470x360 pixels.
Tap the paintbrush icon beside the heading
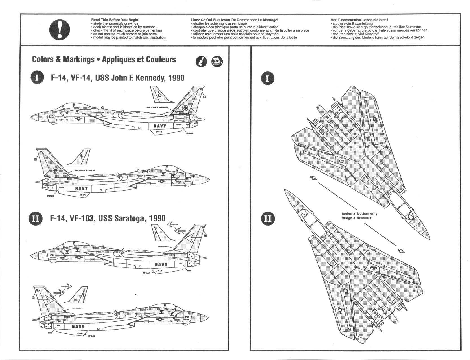(x=201, y=62)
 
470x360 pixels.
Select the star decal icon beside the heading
(x=217, y=61)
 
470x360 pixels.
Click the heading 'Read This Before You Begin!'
(x=115, y=20)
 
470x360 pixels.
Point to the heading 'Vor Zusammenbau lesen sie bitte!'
(x=359, y=20)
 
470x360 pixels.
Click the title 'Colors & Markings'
(x=63, y=59)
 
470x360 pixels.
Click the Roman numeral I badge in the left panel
(x=37, y=78)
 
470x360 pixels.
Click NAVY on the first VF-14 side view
(x=160, y=126)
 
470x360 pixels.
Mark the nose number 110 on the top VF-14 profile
(x=51, y=116)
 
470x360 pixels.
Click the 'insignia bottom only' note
(x=359, y=214)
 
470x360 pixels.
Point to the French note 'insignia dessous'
(x=356, y=218)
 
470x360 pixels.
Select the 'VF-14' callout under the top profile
(x=158, y=132)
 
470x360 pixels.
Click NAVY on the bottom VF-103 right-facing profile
(x=78, y=327)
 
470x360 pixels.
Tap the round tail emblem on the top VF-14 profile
(x=185, y=108)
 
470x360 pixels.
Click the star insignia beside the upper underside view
(x=313, y=178)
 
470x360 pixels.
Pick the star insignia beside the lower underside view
(x=401, y=251)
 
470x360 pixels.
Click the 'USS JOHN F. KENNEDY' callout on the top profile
(x=157, y=108)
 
